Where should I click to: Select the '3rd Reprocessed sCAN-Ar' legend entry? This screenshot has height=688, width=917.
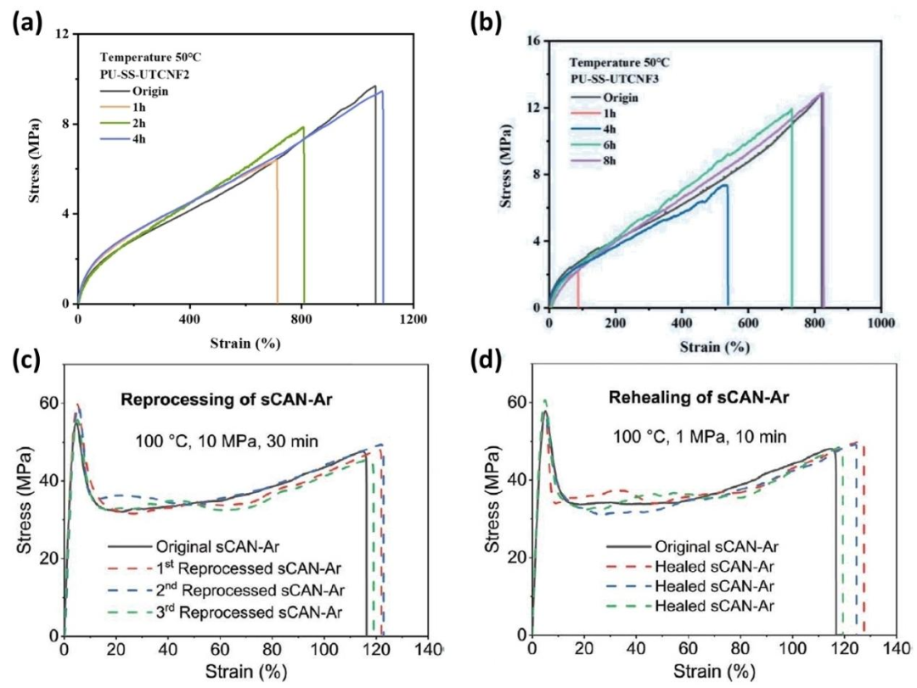point(232,608)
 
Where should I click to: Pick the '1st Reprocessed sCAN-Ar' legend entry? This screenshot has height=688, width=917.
point(231,567)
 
